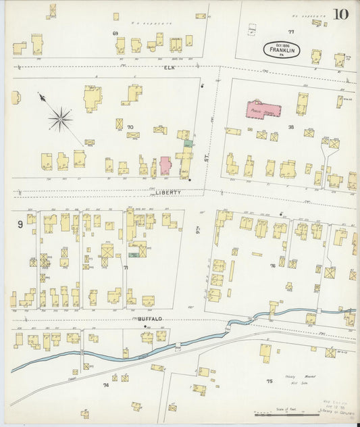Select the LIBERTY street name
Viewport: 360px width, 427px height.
pyautogui.click(x=168, y=192)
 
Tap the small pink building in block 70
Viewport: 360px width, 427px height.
pyautogui.click(x=165, y=166)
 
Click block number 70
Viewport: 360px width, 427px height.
pyautogui.click(x=130, y=126)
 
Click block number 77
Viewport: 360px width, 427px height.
pyautogui.click(x=291, y=32)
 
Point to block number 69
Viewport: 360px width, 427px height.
pyautogui.click(x=115, y=32)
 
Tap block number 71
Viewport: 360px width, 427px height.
pyautogui.click(x=126, y=268)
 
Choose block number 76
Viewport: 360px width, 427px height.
pyautogui.click(x=273, y=266)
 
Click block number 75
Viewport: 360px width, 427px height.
pyautogui.click(x=269, y=381)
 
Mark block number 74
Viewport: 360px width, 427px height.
pyautogui.click(x=105, y=384)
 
